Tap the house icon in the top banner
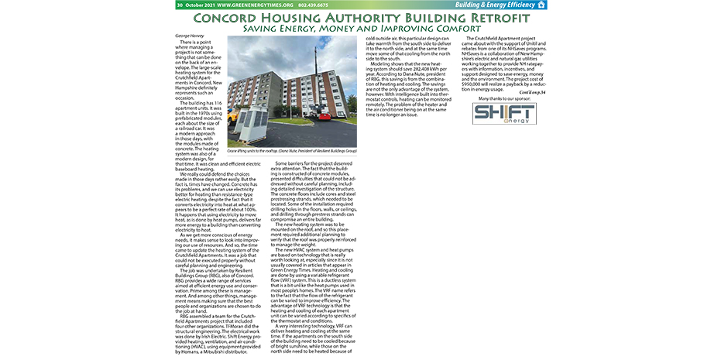pyautogui.click(x=541, y=5)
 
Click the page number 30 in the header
pyautogui.click(x=180, y=5)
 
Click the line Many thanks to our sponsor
pyautogui.click(x=501, y=98)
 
